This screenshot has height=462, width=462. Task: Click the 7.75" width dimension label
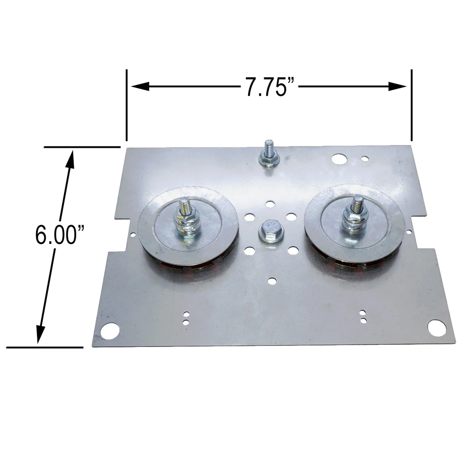point(270,87)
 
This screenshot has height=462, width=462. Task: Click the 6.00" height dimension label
point(60,235)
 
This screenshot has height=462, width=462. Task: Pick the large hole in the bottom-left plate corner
point(109,331)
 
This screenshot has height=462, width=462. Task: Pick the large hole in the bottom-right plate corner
point(437,328)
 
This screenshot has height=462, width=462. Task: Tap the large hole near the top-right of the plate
point(339,159)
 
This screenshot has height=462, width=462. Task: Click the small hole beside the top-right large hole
point(365,159)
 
